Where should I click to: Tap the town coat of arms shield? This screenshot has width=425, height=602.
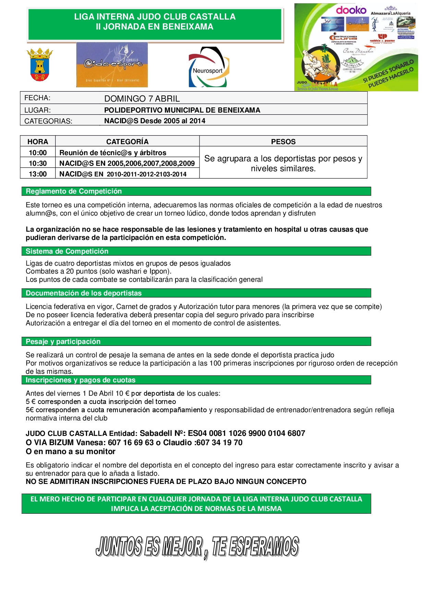40,65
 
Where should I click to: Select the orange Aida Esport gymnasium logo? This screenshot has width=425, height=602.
112,65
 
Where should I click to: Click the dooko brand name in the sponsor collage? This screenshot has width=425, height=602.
351,10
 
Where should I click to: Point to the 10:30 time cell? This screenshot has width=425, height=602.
38,163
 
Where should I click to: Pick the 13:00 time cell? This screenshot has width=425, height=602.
38,174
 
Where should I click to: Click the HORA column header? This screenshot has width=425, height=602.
38,142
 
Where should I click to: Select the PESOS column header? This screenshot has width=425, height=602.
283,142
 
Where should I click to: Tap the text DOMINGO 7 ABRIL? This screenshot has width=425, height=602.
142,99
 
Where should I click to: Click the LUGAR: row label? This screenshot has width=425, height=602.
38,110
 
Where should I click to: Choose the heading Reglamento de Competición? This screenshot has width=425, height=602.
74,191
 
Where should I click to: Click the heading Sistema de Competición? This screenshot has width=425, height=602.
67,251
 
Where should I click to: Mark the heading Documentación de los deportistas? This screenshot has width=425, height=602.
84,293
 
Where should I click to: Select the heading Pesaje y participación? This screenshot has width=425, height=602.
63,341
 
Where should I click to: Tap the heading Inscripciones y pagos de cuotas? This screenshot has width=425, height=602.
81,380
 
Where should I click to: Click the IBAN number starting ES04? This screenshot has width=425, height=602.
246,433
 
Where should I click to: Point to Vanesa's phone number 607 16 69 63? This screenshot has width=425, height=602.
131,442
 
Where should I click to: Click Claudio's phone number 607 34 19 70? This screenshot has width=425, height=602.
219,442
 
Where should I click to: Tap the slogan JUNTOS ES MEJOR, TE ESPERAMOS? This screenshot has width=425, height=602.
197,547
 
